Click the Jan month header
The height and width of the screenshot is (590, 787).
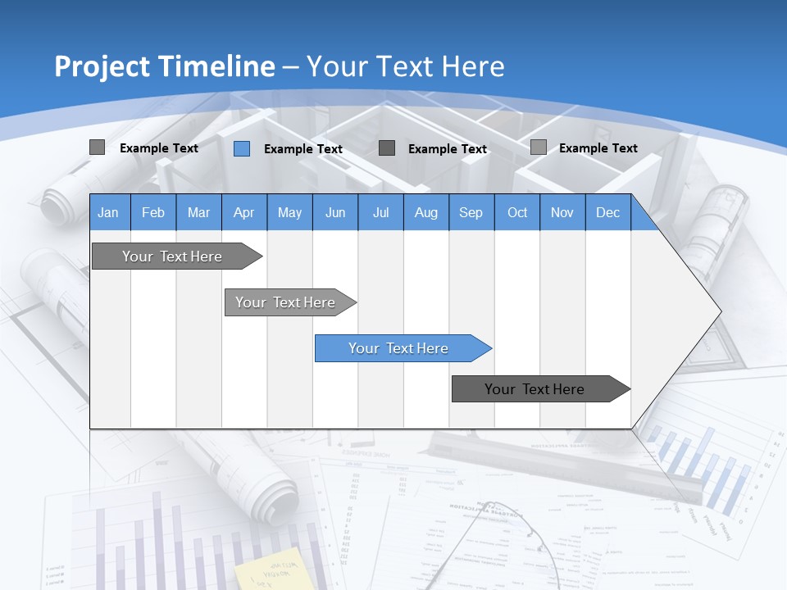pyautogui.click(x=108, y=213)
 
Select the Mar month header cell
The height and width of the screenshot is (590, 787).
pyautogui.click(x=198, y=213)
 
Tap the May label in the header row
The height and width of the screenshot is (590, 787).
pyautogui.click(x=289, y=213)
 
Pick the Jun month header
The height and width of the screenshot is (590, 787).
pyautogui.click(x=335, y=213)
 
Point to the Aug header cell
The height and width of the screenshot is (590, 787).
pyautogui.click(x=425, y=213)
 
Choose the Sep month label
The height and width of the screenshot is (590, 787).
pyautogui.click(x=471, y=213)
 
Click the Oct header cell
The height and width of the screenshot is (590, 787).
pyautogui.click(x=517, y=213)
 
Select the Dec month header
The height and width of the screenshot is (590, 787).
pyautogui.click(x=607, y=213)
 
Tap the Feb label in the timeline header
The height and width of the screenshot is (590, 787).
pyautogui.click(x=153, y=213)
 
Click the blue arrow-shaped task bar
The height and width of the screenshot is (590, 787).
pyautogui.click(x=398, y=348)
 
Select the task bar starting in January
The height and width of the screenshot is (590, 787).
pyautogui.click(x=172, y=256)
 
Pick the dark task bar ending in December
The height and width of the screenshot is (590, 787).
pyautogui.click(x=535, y=389)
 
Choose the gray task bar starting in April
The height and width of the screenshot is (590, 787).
pyautogui.click(x=285, y=302)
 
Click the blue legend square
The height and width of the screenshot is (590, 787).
pyautogui.click(x=242, y=148)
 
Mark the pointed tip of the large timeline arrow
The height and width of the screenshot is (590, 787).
pyautogui.click(x=720, y=311)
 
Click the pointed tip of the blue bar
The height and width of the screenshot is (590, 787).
pyautogui.click(x=490, y=348)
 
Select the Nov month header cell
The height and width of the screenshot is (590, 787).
pyautogui.click(x=562, y=213)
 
